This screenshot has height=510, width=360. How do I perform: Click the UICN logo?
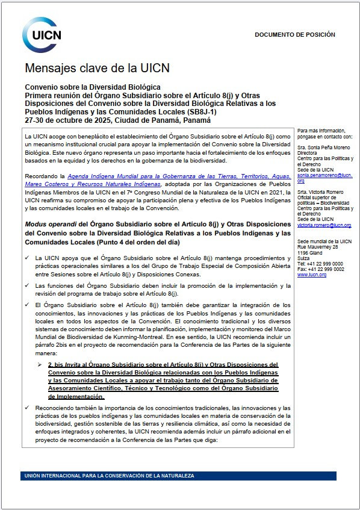click(x=41, y=33)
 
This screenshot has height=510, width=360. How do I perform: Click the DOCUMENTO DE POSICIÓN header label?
click(x=294, y=35)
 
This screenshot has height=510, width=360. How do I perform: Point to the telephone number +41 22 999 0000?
click(x=321, y=263)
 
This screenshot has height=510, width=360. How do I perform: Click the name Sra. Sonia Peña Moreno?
click(x=324, y=148)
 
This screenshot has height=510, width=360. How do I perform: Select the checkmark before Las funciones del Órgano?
click(x=29, y=285)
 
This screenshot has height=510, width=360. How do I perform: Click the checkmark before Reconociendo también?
click(x=29, y=408)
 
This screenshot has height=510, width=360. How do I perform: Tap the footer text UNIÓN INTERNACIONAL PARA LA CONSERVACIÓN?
click(x=108, y=476)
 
